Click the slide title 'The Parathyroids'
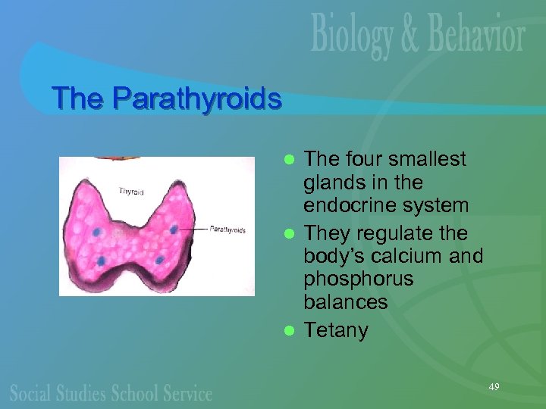point(166,98)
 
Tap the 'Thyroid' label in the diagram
point(130,191)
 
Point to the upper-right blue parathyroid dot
point(174,229)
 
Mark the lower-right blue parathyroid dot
point(160,261)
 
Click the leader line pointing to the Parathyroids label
point(193,229)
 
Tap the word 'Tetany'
point(335,330)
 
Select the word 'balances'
point(345,302)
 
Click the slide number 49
point(494,387)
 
